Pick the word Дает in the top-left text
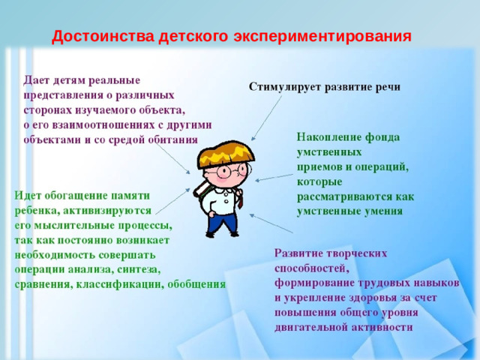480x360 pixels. [x=37, y=79]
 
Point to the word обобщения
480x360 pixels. [x=196, y=283]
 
